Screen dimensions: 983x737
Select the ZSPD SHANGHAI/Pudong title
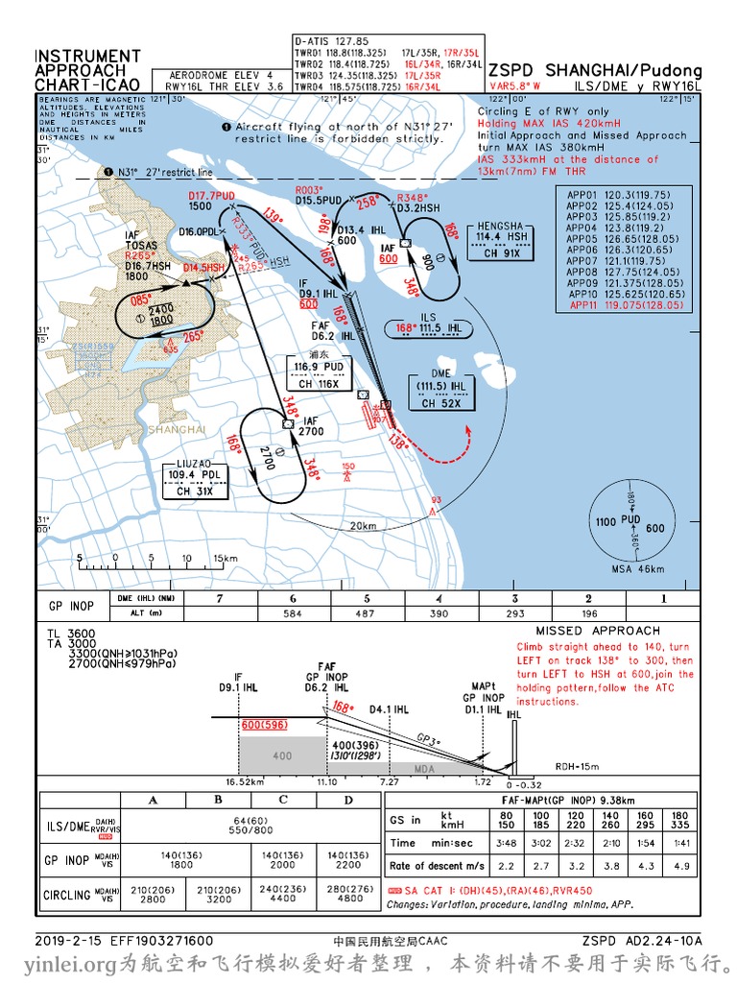[595, 71]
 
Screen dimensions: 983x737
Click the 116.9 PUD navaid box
[320, 372]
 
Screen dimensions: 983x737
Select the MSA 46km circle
[630, 524]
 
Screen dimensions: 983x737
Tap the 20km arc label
[363, 526]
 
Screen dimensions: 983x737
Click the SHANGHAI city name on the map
[178, 429]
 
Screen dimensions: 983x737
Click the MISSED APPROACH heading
[584, 631]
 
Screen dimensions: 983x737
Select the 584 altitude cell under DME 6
[293, 612]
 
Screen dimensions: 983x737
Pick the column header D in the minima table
[348, 801]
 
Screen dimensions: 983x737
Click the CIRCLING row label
[67, 896]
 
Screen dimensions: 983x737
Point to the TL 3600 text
[71, 634]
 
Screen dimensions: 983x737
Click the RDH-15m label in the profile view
[578, 766]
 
